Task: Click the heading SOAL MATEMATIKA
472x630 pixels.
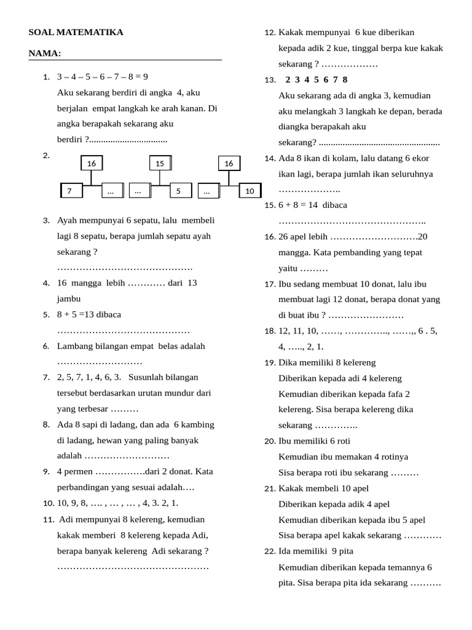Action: (x=76, y=33)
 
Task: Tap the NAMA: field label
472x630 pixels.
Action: (x=45, y=54)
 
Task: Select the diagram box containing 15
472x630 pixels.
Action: (x=160, y=163)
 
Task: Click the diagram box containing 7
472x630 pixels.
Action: (x=71, y=191)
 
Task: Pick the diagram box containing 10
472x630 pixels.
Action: (x=250, y=191)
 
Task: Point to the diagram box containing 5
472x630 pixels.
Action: (x=178, y=191)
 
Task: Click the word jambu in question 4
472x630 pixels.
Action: (x=69, y=298)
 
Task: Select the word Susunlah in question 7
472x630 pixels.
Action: (x=147, y=377)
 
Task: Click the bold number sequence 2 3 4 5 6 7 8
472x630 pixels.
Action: (x=317, y=79)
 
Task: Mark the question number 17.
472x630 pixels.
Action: (x=269, y=284)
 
